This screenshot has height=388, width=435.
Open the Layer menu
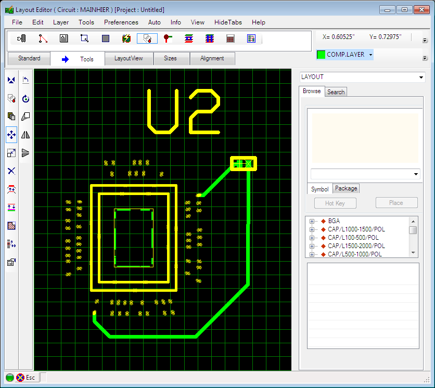(61, 22)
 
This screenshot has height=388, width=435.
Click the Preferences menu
(121, 22)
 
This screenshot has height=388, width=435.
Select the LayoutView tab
(129, 59)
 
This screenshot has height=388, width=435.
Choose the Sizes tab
(170, 59)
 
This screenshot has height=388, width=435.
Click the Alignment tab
(212, 59)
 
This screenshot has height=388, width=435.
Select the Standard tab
(29, 59)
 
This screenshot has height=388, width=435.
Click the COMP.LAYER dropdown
(344, 55)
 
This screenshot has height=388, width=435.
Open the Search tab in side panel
(336, 92)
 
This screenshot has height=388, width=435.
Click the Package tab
(346, 188)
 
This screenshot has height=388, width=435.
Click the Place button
(396, 203)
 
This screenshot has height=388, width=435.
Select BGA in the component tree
(334, 221)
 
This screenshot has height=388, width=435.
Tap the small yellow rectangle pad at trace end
(244, 164)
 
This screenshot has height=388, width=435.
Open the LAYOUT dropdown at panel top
(363, 77)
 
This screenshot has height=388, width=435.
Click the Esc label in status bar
(30, 378)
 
